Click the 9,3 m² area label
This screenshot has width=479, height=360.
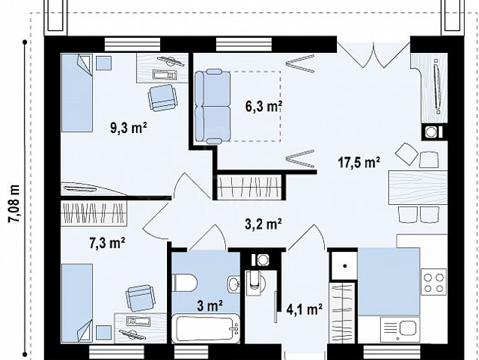point(128,128)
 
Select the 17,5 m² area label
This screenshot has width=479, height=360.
point(359,162)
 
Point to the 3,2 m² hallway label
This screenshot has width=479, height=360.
point(263,224)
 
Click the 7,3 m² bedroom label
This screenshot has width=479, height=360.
point(107,244)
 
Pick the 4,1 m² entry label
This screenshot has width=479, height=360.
point(304,309)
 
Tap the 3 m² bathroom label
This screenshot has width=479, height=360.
point(209,306)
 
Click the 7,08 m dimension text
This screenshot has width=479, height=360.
point(14,203)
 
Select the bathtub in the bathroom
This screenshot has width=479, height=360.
point(206,328)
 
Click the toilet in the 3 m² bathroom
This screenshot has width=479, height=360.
point(184,283)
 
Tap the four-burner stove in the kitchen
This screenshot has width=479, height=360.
point(434,283)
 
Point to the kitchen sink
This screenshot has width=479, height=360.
point(400,329)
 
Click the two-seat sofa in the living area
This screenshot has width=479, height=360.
point(212,106)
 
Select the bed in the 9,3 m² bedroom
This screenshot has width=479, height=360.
point(76,93)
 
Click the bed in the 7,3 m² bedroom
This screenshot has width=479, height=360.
point(76,303)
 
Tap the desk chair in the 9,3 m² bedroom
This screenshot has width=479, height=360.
point(162,98)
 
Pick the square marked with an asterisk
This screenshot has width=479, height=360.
point(345,265)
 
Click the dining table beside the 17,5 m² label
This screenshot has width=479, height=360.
point(418,188)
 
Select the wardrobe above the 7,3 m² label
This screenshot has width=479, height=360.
point(94,213)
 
